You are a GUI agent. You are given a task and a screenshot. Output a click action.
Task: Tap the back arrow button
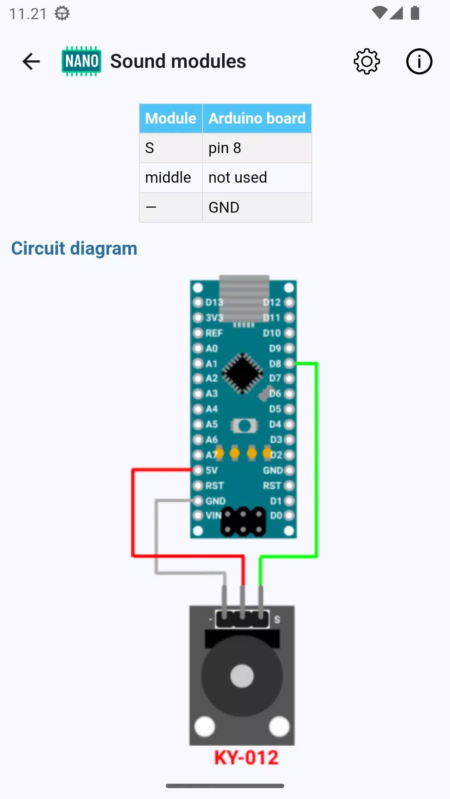31,62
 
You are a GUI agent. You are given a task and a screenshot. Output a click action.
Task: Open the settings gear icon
367,62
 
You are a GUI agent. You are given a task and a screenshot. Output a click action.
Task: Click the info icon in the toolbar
419,62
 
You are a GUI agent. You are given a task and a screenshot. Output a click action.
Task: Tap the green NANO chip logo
82,61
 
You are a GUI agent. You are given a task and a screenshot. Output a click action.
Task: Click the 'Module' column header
171,119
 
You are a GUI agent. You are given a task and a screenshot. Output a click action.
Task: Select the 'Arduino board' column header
257,119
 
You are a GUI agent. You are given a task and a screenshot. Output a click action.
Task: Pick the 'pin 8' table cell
257,148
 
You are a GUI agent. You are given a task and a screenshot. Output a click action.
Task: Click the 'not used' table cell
257,178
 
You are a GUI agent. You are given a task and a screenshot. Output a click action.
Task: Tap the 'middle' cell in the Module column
171,178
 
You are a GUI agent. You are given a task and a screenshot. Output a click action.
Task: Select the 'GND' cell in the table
257,207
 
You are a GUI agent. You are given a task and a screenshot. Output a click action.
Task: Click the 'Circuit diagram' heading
74,248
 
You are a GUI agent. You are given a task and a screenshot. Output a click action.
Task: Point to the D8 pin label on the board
275,364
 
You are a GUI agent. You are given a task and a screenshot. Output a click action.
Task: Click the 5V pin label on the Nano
212,471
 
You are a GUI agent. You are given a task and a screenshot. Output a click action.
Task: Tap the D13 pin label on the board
214,302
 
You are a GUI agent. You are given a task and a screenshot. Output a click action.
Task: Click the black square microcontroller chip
242,373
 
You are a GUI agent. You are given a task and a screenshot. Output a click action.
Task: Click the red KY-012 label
246,757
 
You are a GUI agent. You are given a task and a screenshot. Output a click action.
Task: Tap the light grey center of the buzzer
242,676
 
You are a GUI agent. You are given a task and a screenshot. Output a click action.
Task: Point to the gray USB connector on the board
245,298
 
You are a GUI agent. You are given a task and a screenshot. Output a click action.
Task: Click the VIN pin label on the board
213,516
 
